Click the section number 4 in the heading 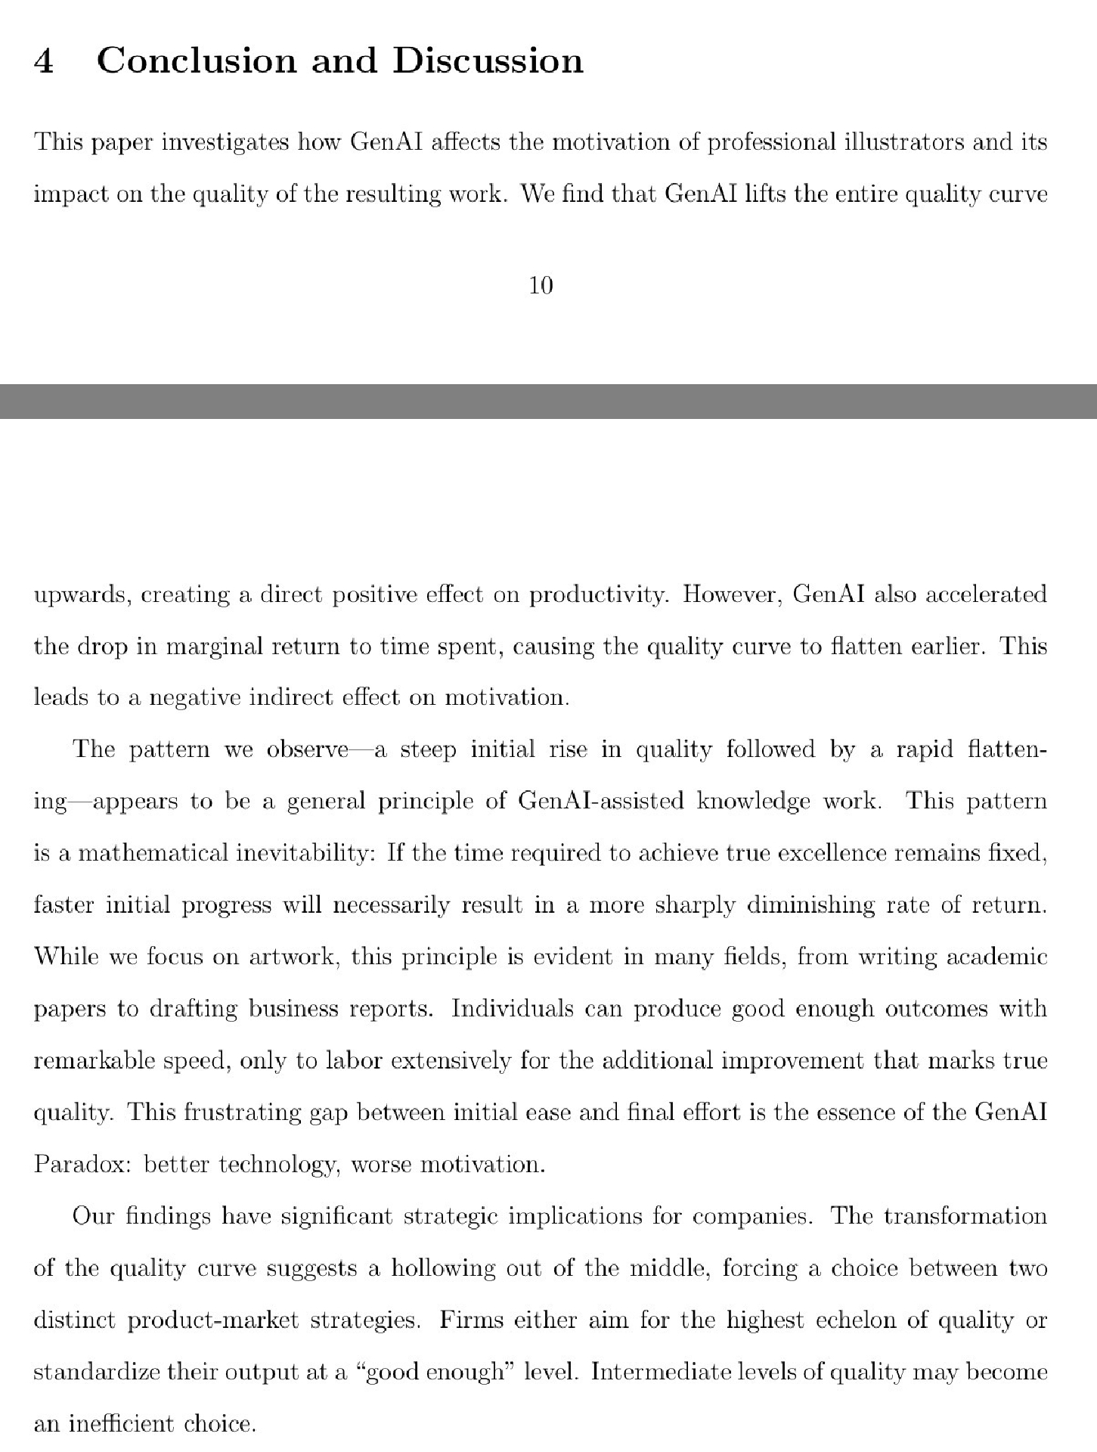44,61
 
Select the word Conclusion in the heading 197,60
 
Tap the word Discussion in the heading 488,60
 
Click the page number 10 541,285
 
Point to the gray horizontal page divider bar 548,401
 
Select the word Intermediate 661,1372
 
